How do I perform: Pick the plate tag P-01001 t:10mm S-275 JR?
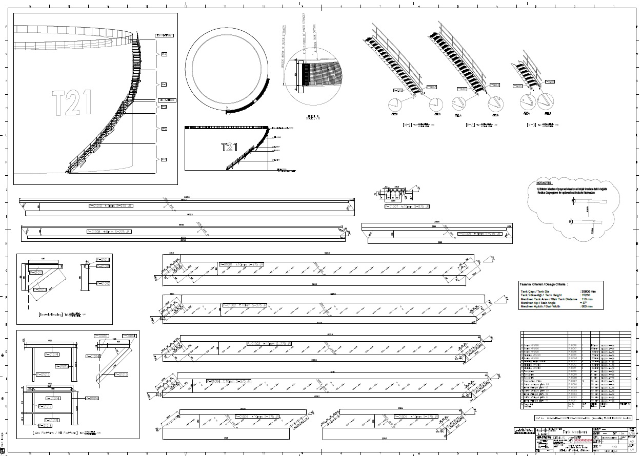[241, 264]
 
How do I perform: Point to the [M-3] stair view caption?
[538, 125]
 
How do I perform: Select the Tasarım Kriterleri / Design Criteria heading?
[546, 283]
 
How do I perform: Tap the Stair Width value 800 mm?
[587, 306]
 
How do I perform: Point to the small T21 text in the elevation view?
[229, 148]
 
